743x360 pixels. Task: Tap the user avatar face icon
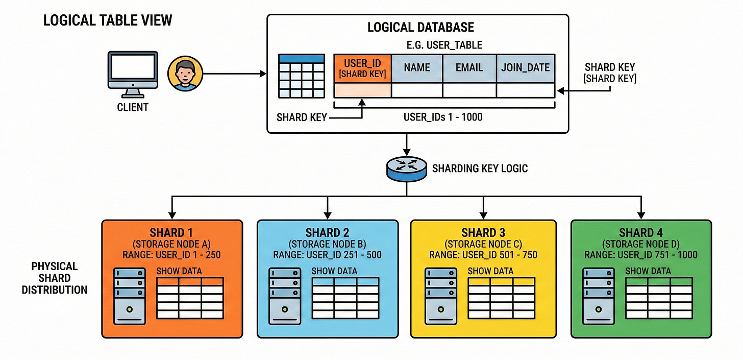coord(185,74)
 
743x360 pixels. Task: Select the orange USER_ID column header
coord(362,68)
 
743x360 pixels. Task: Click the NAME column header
coord(417,68)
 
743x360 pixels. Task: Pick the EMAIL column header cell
coord(469,68)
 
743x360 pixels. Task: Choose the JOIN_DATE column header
coord(526,68)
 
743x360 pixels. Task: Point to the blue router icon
coord(406,169)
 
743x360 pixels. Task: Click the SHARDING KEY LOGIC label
coord(480,169)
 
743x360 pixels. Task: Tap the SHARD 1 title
coord(171,232)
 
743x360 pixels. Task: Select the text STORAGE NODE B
coord(328,244)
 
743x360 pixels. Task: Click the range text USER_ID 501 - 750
coord(500,255)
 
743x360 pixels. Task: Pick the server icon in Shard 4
coord(599,296)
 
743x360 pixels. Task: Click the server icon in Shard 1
coord(130,296)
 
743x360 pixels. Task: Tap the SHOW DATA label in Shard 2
coord(334,271)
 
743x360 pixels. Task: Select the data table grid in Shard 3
coord(501,298)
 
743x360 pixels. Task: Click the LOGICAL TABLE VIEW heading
coord(108,20)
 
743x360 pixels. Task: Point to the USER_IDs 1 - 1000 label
coord(443,117)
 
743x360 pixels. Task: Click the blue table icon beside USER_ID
coord(301,76)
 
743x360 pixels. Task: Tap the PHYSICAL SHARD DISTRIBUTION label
coord(55,278)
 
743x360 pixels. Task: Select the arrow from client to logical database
coord(235,74)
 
